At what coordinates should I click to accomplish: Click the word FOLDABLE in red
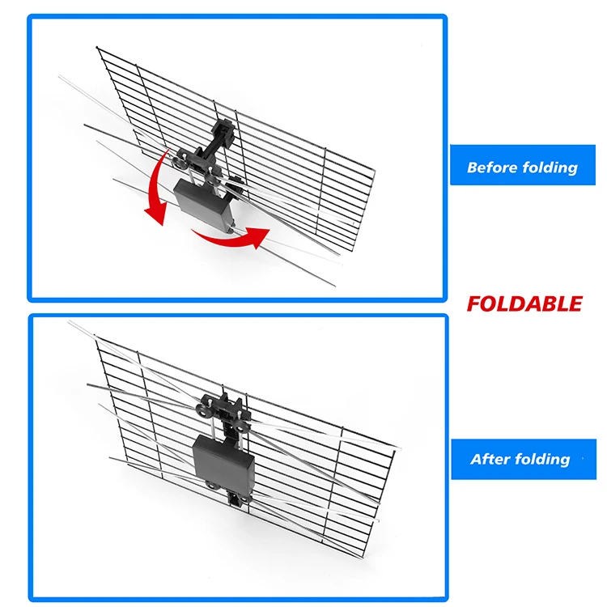[524, 304]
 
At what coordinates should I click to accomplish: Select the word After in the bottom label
[489, 459]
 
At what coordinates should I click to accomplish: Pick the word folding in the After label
[541, 459]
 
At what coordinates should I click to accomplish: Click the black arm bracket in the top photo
[217, 142]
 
